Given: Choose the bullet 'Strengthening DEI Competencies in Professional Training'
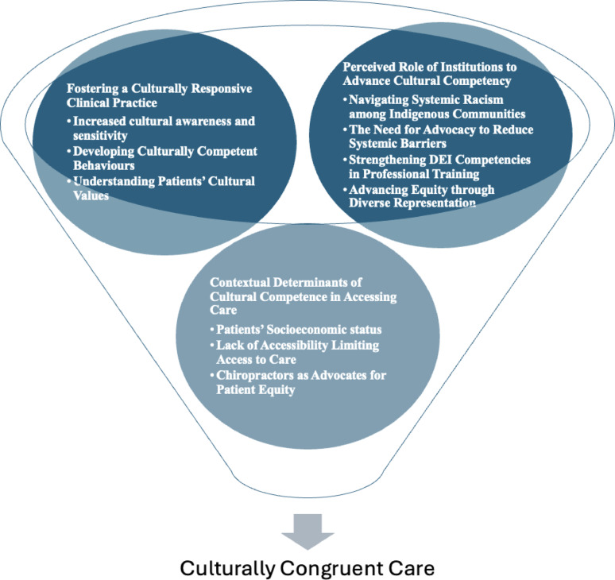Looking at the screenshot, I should (437, 166).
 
